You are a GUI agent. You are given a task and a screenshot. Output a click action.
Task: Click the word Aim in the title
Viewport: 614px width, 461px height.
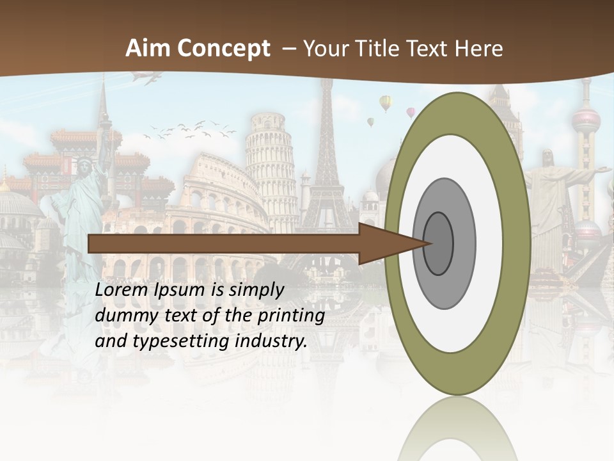(x=148, y=49)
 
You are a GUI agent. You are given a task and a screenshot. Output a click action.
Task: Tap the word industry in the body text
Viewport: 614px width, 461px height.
(x=271, y=341)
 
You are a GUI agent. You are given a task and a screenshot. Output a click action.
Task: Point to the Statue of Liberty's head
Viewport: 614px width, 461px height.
(x=84, y=168)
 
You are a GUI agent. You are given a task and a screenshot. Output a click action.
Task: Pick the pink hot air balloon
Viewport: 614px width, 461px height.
(x=411, y=113)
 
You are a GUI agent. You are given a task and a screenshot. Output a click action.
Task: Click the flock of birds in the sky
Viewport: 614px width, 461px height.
(x=189, y=129)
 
